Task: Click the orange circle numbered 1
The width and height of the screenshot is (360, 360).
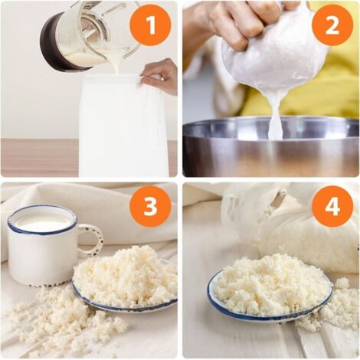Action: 150,25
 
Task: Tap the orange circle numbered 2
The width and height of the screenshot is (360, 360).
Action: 332,25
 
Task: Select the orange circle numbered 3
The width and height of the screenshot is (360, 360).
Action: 150,206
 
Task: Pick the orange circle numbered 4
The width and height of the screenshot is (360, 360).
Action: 332,206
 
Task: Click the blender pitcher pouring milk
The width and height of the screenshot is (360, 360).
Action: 92,36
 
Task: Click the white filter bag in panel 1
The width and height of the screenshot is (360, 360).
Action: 124,125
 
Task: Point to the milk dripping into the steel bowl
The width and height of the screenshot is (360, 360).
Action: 275,120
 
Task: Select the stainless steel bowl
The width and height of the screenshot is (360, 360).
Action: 270,147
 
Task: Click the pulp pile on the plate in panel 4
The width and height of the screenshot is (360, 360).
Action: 270,286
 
